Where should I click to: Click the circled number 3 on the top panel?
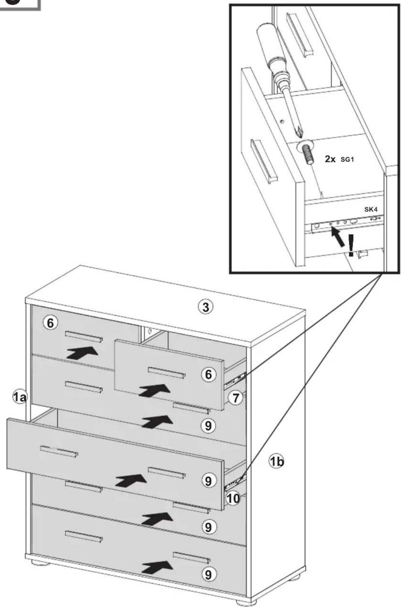[205, 307]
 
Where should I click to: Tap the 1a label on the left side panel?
[20, 397]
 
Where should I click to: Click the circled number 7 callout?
[235, 398]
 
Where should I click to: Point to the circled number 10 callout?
[233, 498]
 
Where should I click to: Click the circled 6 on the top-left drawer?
[51, 323]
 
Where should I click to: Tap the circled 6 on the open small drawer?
[208, 375]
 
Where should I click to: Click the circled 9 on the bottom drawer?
[208, 574]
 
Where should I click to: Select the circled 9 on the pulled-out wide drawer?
[208, 481]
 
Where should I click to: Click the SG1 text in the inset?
[347, 159]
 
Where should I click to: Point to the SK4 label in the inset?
[371, 210]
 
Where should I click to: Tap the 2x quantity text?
[330, 159]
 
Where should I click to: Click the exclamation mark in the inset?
[351, 246]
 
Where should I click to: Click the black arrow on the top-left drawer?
[83, 353]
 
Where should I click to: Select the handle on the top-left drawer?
[84, 337]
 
